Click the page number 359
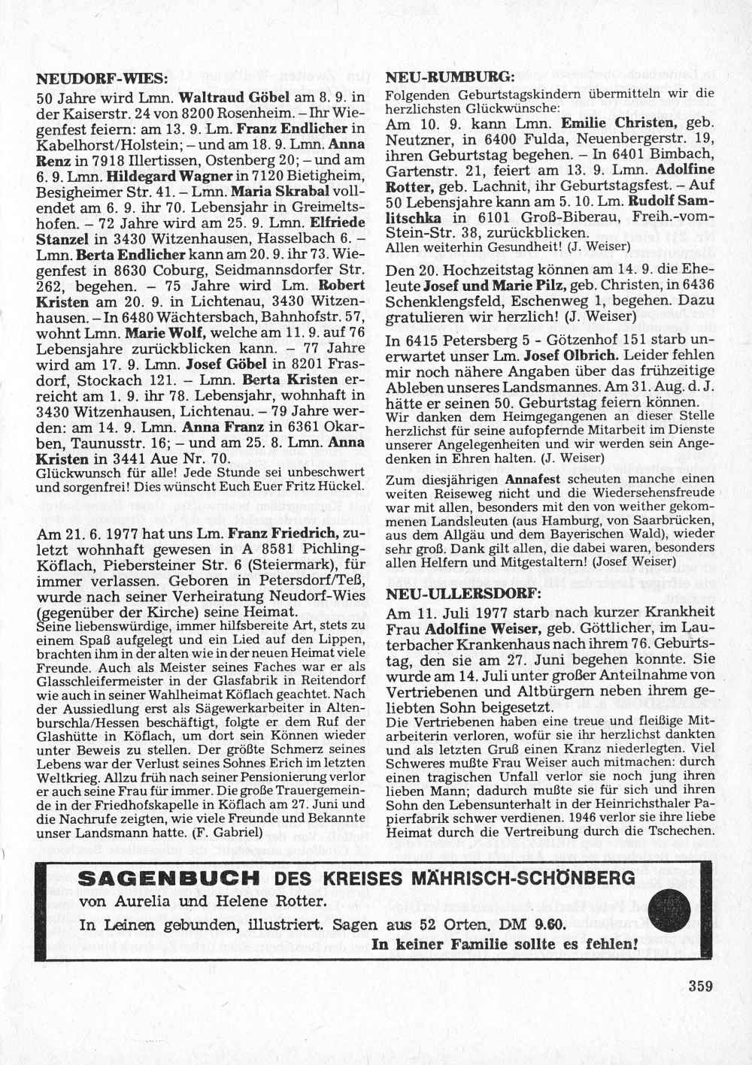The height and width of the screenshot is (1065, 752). click(699, 986)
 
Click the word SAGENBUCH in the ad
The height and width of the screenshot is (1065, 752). click(170, 879)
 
